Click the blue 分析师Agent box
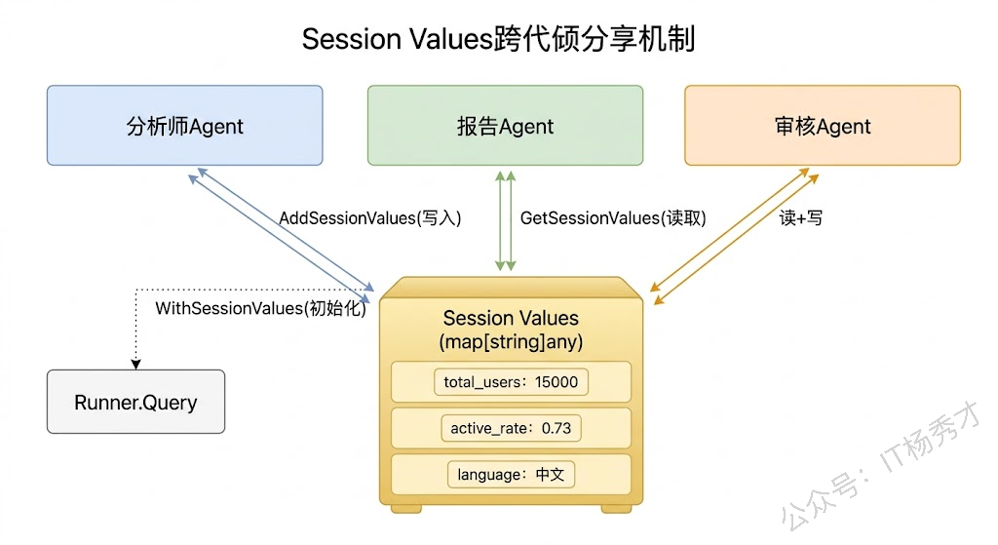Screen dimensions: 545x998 pyautogui.click(x=184, y=126)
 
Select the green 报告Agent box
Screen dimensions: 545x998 pyautogui.click(x=505, y=126)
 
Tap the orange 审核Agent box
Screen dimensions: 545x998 pyautogui.click(x=822, y=126)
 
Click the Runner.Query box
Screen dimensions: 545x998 pyautogui.click(x=135, y=402)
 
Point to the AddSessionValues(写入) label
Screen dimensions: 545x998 pyautogui.click(x=369, y=217)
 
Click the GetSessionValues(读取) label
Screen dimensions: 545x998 pyautogui.click(x=613, y=217)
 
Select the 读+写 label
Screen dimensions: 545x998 pyautogui.click(x=800, y=217)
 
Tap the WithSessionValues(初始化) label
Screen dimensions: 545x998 pyautogui.click(x=260, y=308)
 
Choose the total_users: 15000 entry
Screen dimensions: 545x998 pyautogui.click(x=511, y=382)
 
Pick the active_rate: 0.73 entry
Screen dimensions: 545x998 pyautogui.click(x=511, y=428)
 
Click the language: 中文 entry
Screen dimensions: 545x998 pyautogui.click(x=511, y=475)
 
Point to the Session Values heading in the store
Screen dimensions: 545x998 pyautogui.click(x=511, y=318)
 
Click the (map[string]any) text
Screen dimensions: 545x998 pyautogui.click(x=511, y=341)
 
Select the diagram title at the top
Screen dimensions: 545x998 pyautogui.click(x=498, y=40)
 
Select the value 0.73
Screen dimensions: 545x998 pyautogui.click(x=556, y=428)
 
